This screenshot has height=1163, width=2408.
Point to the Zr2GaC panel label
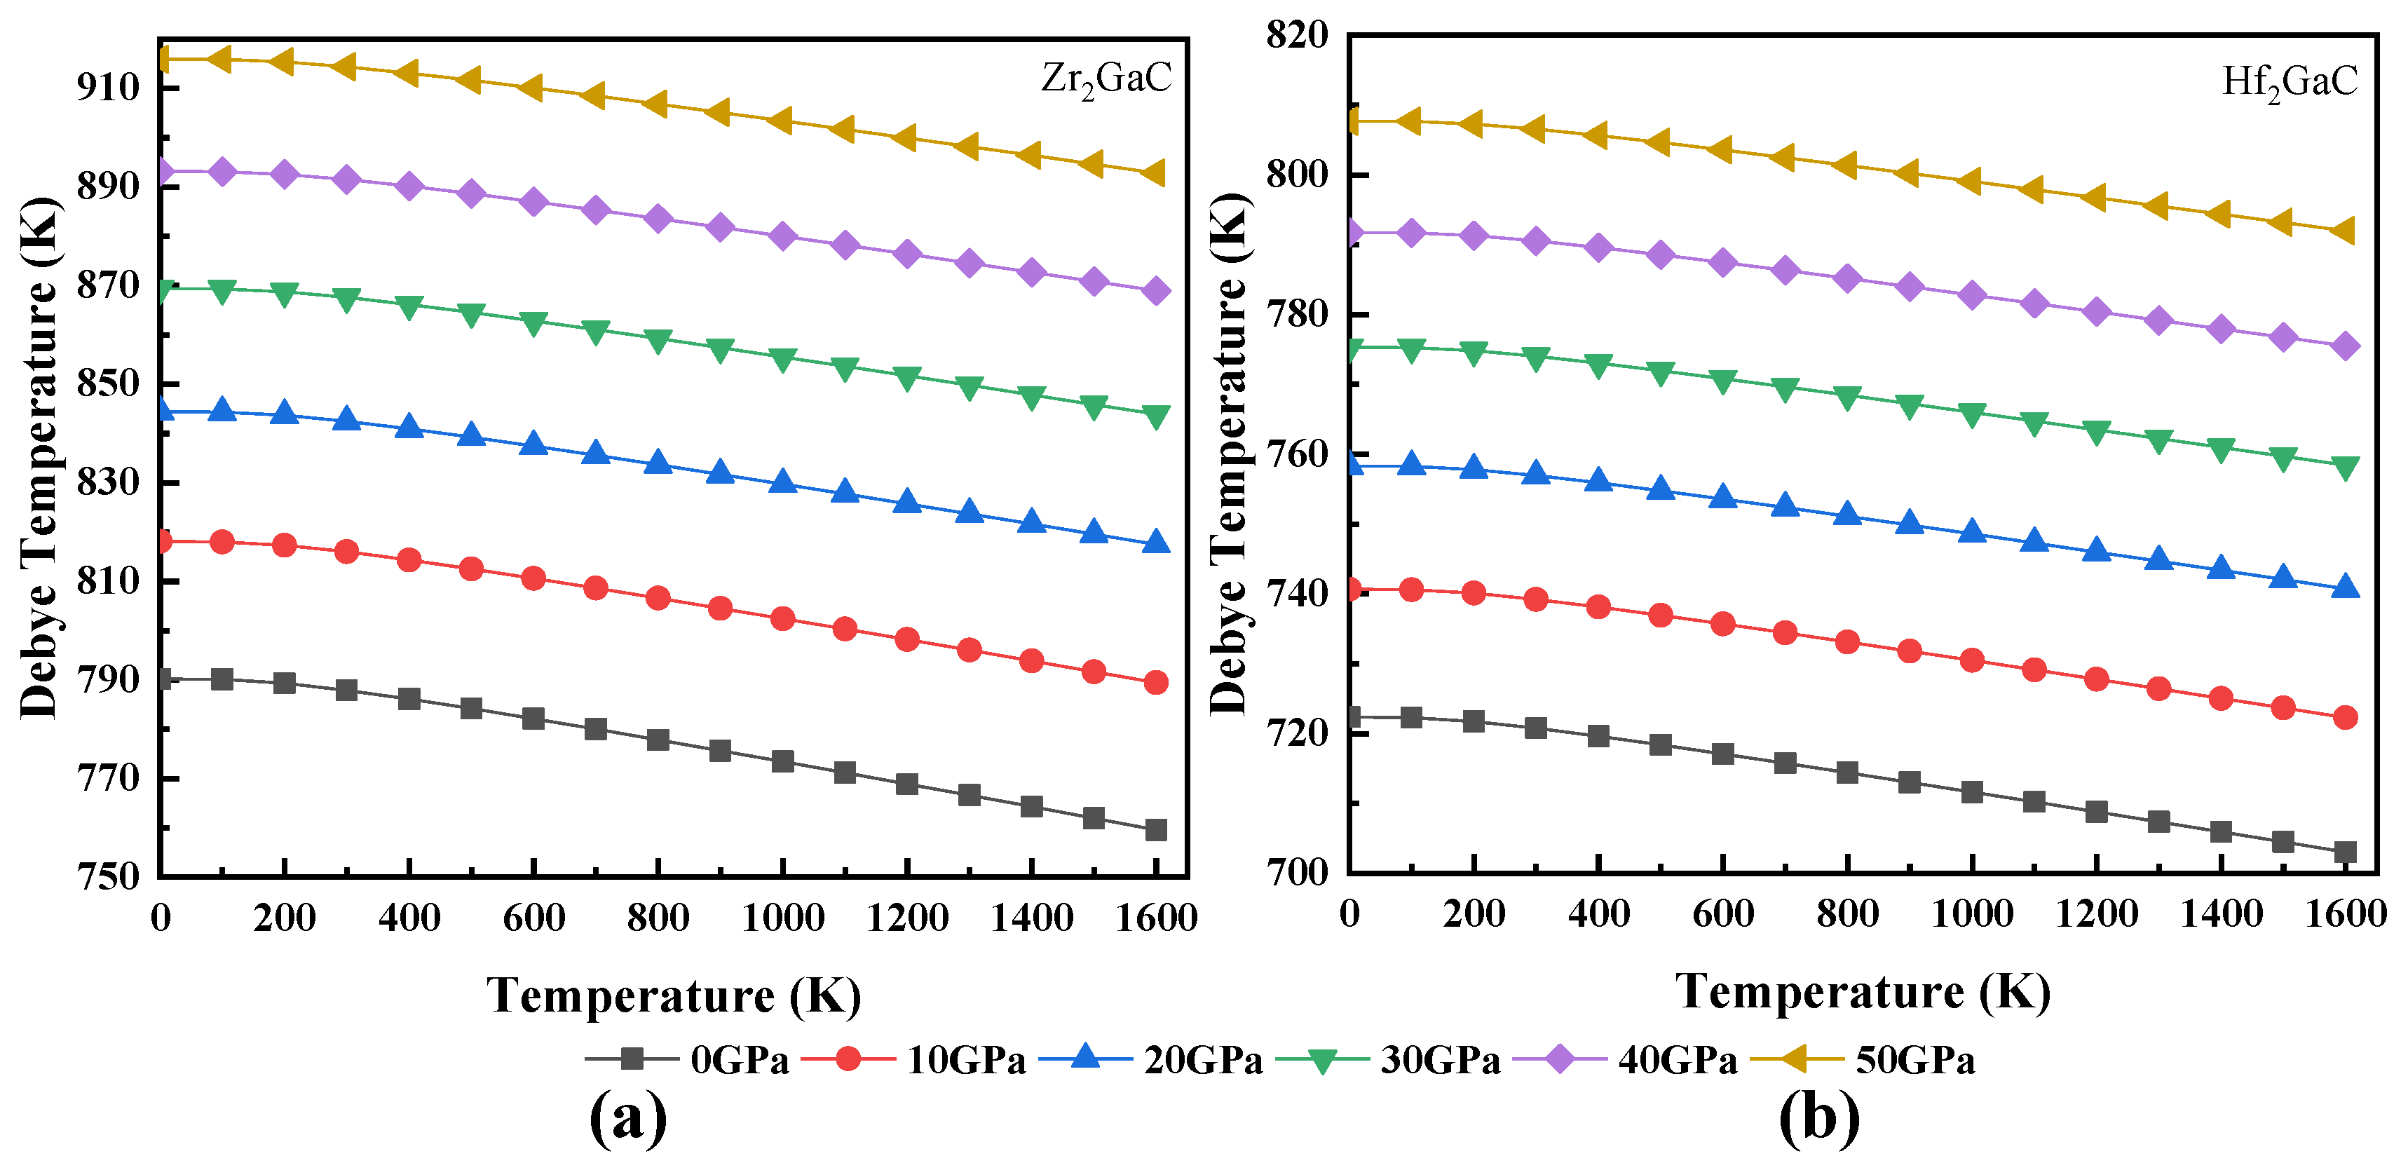tap(1106, 79)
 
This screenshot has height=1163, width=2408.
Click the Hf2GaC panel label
tap(2290, 82)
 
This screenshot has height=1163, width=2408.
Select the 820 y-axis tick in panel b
tap(1297, 36)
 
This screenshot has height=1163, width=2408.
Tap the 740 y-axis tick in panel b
tap(1297, 594)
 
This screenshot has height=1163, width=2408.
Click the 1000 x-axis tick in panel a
tap(782, 918)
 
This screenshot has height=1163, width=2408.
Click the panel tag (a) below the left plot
tap(628, 1118)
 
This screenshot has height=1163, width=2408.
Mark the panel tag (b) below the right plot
tap(1818, 1118)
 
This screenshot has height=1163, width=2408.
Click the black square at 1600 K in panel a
tap(1156, 830)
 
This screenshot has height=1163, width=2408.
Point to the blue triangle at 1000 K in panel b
tap(1971, 532)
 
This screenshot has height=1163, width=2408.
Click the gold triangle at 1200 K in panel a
tap(905, 138)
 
